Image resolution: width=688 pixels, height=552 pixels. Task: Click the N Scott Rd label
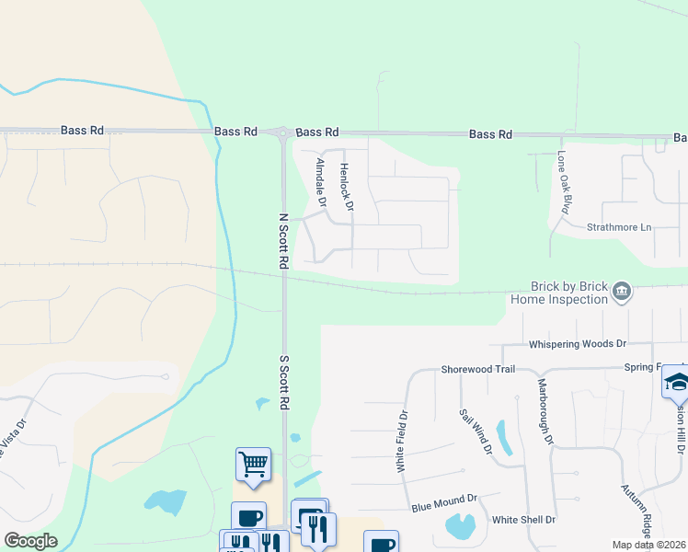pyautogui.click(x=283, y=242)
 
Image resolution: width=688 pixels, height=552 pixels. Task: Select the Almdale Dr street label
pyautogui.click(x=321, y=180)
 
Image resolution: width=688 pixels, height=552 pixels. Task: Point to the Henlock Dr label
pyautogui.click(x=346, y=187)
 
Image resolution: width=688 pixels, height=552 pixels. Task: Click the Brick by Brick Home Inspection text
pyautogui.click(x=569, y=293)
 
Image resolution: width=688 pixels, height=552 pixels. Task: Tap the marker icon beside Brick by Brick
pyautogui.click(x=622, y=292)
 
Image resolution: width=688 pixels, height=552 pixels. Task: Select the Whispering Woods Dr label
pyautogui.click(x=577, y=344)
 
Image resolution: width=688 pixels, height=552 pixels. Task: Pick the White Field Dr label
pyautogui.click(x=401, y=442)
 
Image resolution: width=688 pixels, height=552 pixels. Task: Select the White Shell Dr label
pyautogui.click(x=523, y=520)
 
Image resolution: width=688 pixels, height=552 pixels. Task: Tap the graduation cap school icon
pyautogui.click(x=675, y=380)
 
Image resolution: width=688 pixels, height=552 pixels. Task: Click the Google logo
pyautogui.click(x=30, y=541)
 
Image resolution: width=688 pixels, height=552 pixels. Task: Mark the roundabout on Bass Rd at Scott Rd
pyautogui.click(x=282, y=133)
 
